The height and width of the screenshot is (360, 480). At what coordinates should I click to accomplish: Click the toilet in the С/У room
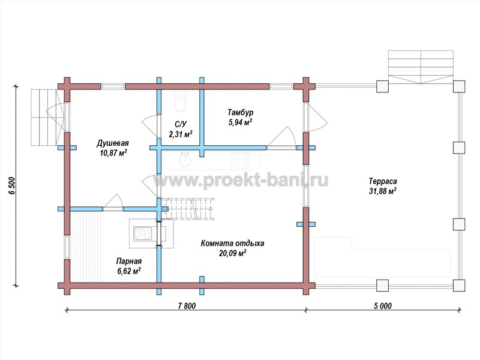coord(180,101)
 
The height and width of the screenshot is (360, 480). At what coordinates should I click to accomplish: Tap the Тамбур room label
coord(241,112)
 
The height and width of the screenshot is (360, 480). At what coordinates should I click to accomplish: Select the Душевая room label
coord(113,143)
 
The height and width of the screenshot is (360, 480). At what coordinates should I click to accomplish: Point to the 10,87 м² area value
coord(113,153)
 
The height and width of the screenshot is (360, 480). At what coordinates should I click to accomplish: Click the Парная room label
coord(129,261)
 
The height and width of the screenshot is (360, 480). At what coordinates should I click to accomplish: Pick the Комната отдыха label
coord(232,244)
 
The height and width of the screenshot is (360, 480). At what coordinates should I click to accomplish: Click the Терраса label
coord(383,181)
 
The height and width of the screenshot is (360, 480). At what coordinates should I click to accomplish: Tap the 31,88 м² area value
coord(383,191)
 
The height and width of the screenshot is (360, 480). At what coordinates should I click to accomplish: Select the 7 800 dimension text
coord(187,306)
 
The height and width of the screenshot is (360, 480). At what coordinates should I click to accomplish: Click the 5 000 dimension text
coord(383,306)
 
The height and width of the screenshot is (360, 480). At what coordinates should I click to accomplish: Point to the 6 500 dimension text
coord(11,185)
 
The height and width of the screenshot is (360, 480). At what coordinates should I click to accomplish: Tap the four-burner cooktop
coord(241,160)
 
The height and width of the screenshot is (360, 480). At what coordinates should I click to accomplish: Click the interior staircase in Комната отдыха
coord(187,209)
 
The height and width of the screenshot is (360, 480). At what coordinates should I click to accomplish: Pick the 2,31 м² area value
coord(181,134)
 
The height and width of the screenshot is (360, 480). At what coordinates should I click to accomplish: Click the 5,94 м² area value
coord(241,122)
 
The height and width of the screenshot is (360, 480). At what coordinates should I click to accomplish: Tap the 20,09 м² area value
coord(233,253)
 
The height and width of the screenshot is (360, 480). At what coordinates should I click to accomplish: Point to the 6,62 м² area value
coord(129,271)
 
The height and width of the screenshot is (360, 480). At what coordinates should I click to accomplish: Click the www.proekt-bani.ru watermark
coord(241,181)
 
